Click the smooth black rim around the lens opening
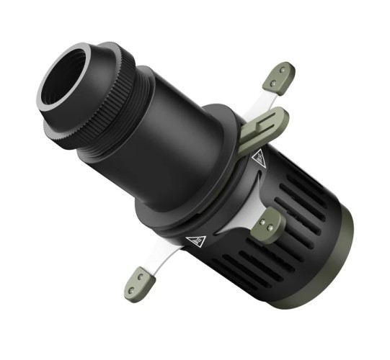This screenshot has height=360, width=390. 50,97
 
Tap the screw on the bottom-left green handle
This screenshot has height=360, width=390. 138,276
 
